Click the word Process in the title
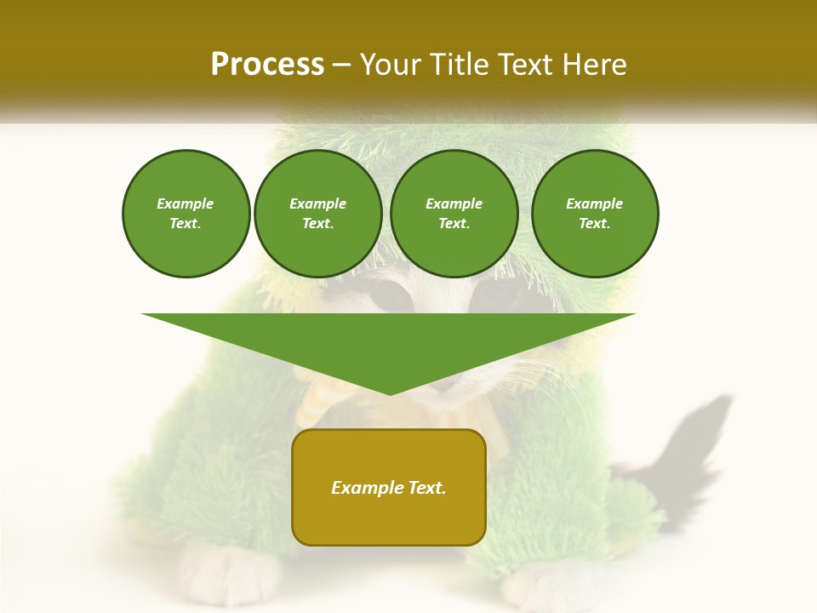point(267,65)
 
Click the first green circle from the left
point(186,214)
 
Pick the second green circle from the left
point(317,214)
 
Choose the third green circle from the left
point(454,214)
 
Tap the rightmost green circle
point(594,214)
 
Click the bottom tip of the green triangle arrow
point(390,392)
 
